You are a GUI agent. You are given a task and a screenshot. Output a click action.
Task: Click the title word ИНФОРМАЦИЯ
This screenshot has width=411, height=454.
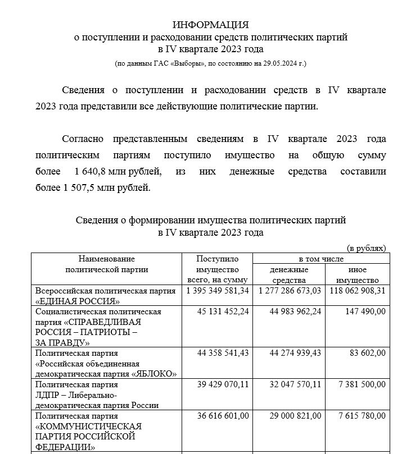(x=211, y=25)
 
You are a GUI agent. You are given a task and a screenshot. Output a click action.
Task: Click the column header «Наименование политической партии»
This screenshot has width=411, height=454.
(x=107, y=264)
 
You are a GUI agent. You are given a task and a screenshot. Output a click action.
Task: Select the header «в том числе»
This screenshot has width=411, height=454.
(x=320, y=259)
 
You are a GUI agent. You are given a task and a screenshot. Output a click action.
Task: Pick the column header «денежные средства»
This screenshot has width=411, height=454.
(x=289, y=274)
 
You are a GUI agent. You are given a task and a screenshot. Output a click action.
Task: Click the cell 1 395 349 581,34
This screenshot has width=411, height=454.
(x=217, y=291)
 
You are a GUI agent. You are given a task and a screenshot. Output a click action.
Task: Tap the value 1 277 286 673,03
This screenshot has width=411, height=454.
(x=290, y=291)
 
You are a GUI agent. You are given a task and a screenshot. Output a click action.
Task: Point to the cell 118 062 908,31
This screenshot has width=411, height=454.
(x=357, y=291)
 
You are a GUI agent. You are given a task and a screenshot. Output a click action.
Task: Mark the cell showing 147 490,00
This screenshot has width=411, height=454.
(x=364, y=311)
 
